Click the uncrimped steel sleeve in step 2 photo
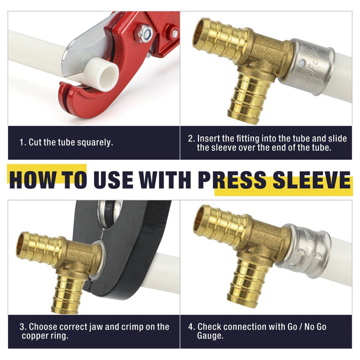click(x=307, y=67)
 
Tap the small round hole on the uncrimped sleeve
click(x=302, y=63)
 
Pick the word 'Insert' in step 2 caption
click(x=208, y=138)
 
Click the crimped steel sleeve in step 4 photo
click(x=303, y=250)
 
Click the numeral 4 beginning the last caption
click(x=191, y=327)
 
